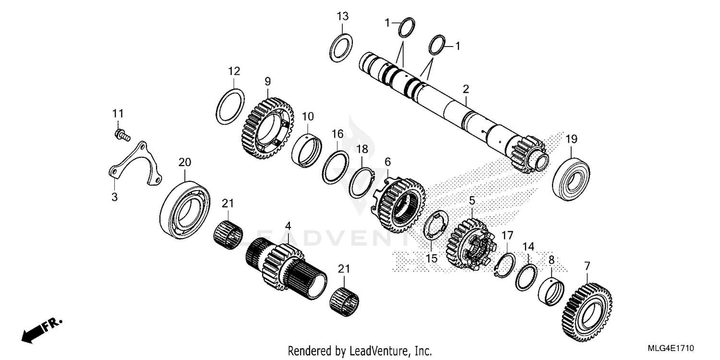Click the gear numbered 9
[x=267, y=128]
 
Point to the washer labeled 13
[x=342, y=48]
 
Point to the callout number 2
[x=466, y=89]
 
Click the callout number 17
[x=507, y=236]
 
